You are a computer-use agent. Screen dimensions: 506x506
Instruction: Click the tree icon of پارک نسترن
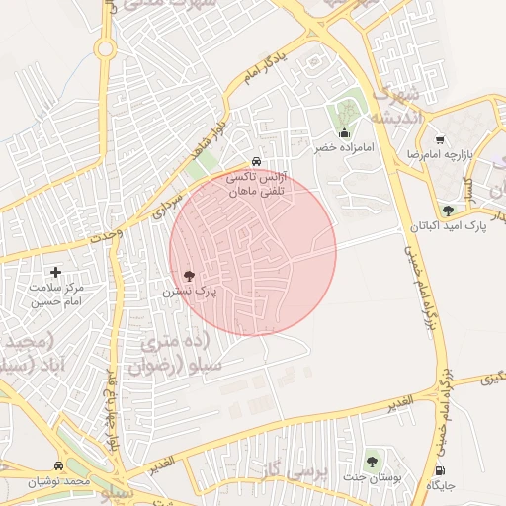point(189,276)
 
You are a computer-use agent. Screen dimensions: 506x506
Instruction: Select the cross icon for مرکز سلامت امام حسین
point(55,272)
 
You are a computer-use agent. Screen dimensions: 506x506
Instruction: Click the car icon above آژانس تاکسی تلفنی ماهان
point(256,161)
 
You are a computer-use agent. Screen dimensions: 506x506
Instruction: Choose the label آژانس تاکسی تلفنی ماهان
point(255,185)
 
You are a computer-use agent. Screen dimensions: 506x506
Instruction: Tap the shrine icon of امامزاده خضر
point(344,132)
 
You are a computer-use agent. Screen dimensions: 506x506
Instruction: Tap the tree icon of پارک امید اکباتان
point(449,211)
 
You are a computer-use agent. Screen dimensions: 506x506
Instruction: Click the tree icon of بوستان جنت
point(372,460)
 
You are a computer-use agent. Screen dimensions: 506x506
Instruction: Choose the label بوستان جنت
point(373,476)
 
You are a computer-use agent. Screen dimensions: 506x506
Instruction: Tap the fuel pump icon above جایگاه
point(439,469)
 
